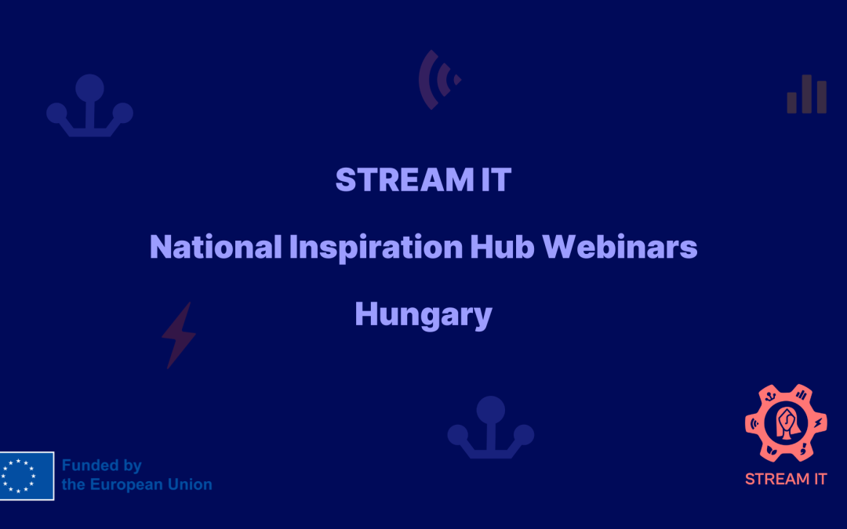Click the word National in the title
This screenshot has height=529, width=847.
pyautogui.click(x=216, y=247)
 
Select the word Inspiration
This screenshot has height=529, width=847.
pyautogui.click(x=376, y=248)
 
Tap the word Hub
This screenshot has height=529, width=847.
pyautogui.click(x=502, y=247)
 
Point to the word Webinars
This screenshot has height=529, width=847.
pyautogui.click(x=620, y=247)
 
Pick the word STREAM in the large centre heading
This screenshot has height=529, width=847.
pyautogui.click(x=405, y=179)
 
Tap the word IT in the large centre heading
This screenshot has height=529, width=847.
pyautogui.click(x=496, y=179)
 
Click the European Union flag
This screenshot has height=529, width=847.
pyautogui.click(x=27, y=476)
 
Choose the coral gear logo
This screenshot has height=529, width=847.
pyautogui.click(x=786, y=423)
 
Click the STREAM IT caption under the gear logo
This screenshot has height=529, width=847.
pyautogui.click(x=786, y=480)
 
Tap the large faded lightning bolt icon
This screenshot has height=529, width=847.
pyautogui.click(x=179, y=335)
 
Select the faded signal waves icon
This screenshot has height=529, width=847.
pyautogui.click(x=438, y=80)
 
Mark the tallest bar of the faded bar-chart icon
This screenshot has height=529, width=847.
pyautogui.click(x=806, y=94)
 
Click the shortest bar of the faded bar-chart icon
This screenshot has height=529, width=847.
pyautogui.click(x=792, y=103)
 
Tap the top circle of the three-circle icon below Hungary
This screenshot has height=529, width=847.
pyautogui.click(x=490, y=410)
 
